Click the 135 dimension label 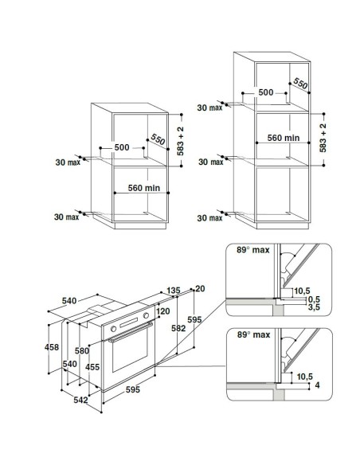[174, 291]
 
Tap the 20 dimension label [200, 289]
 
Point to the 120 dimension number [163, 311]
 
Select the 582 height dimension [178, 329]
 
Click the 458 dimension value [52, 347]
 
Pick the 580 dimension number [82, 351]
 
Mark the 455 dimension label [92, 367]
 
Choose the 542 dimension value [80, 400]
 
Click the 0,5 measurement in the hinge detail [314, 299]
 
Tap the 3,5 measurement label [314, 307]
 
